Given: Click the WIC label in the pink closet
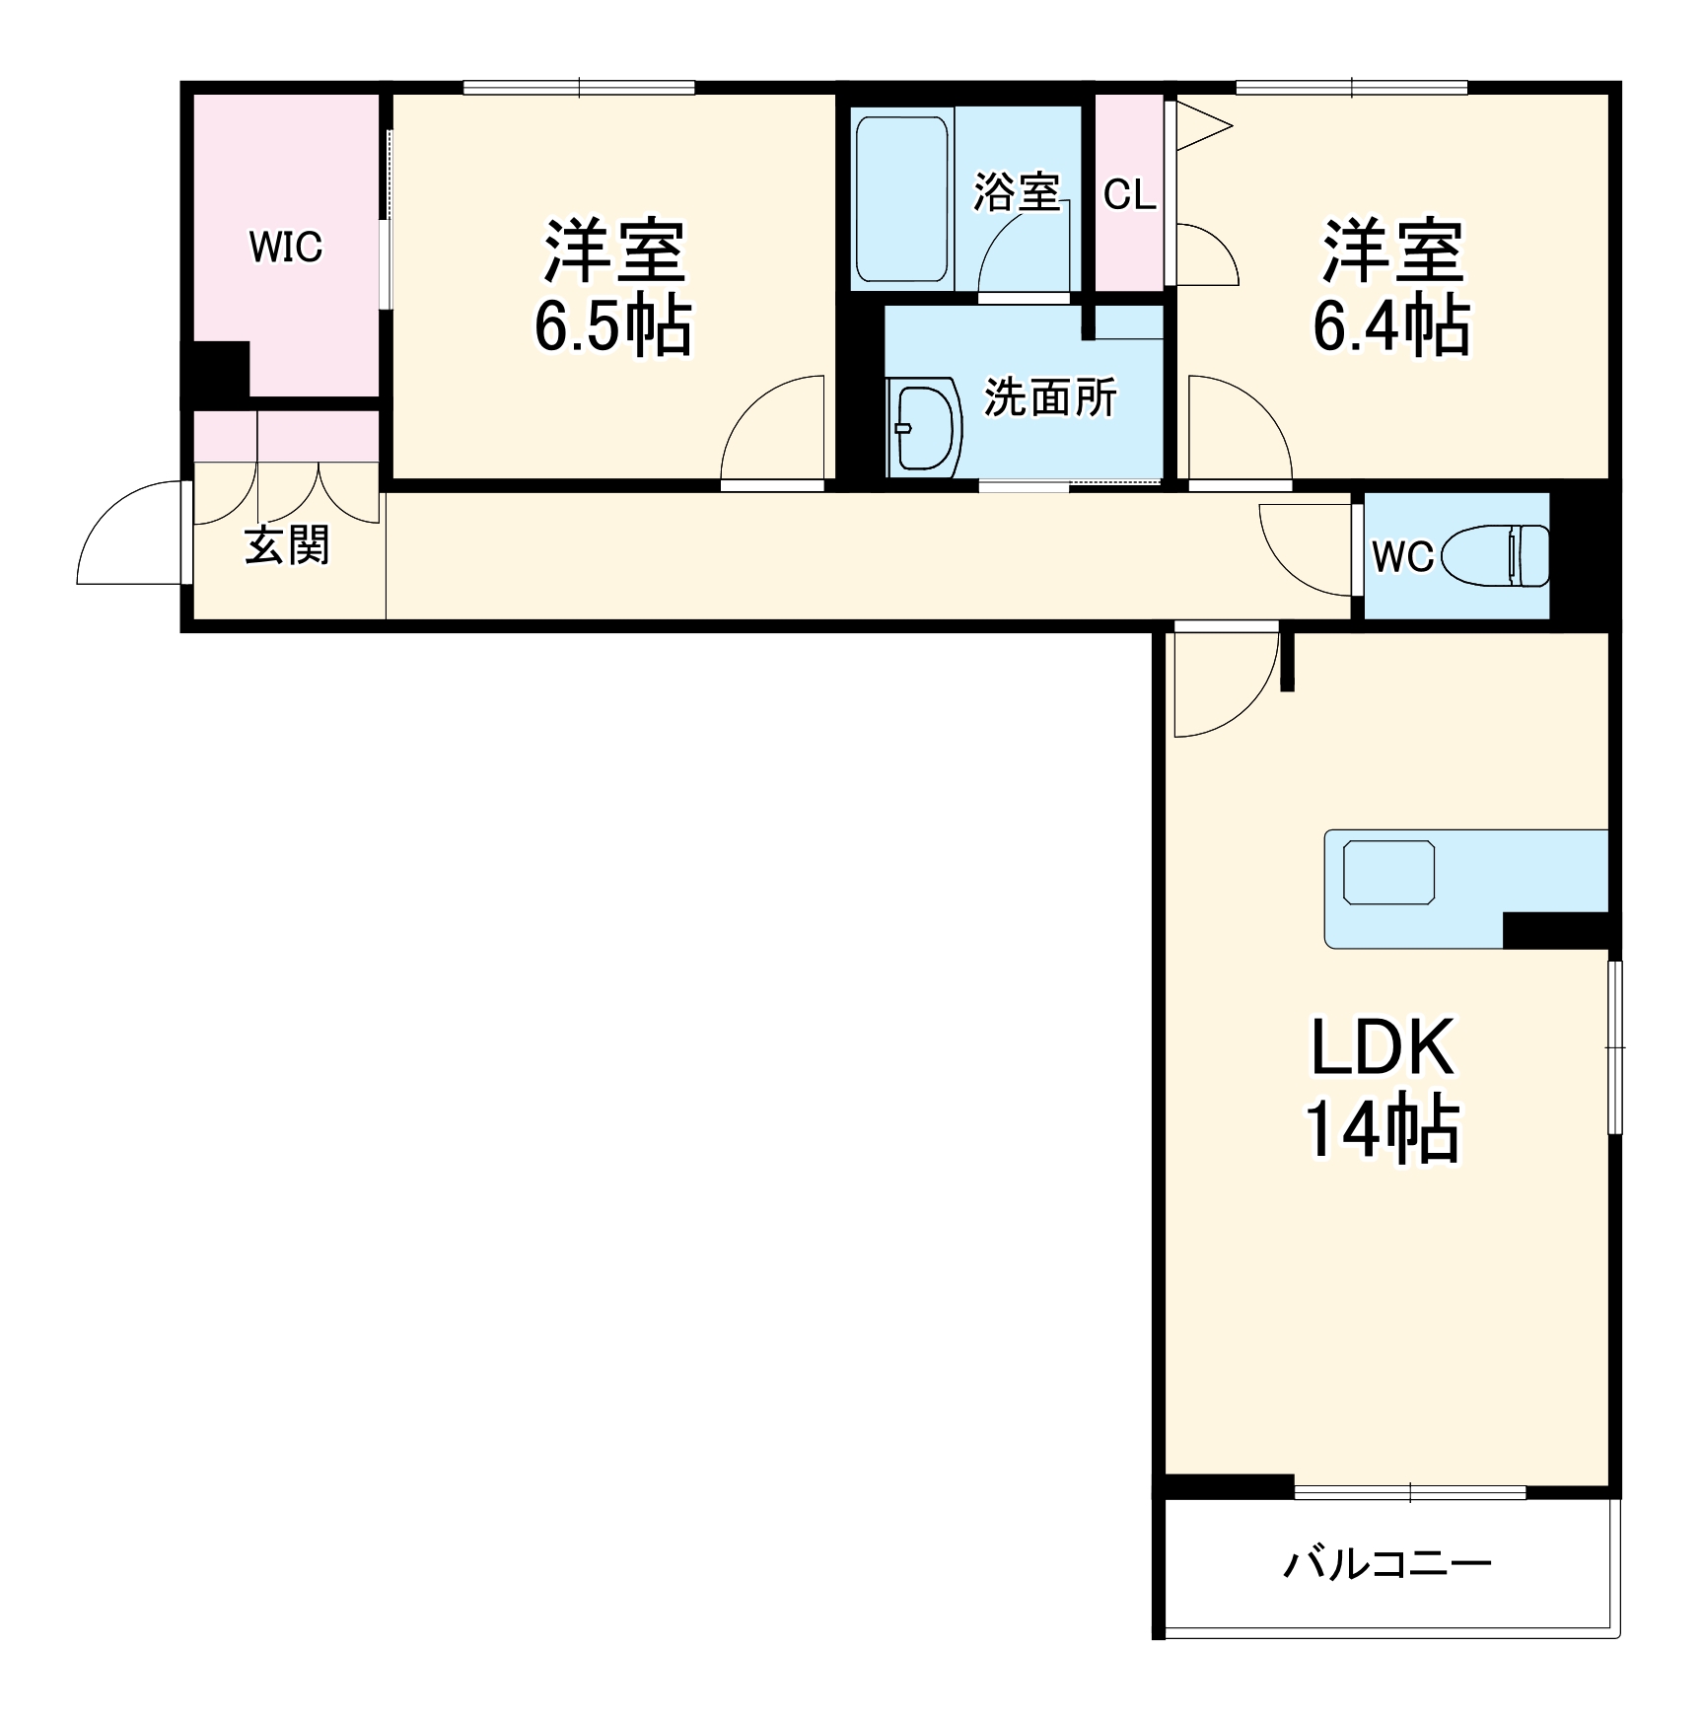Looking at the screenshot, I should (285, 247).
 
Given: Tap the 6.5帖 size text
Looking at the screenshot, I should (612, 326).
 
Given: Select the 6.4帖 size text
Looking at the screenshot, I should (1390, 326).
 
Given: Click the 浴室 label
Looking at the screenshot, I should (1016, 192).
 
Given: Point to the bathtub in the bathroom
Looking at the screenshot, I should (901, 198).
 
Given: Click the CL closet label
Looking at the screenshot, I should (1129, 195).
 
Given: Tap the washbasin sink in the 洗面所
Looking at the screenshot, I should (925, 426).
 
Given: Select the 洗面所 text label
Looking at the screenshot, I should (1050, 397).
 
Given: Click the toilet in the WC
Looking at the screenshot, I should (1496, 555).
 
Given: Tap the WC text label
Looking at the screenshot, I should (1401, 557).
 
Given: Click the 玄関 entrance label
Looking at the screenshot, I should (286, 545).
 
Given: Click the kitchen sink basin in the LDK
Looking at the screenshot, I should (1388, 873).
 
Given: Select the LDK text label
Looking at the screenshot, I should (1382, 1047).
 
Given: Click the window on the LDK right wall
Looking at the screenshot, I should (1614, 1046).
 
